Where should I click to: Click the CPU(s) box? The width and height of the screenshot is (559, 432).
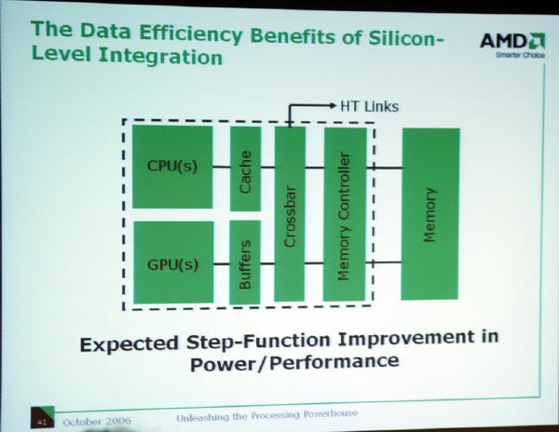pos(172,167)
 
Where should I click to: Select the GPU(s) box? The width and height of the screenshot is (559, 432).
pos(173,263)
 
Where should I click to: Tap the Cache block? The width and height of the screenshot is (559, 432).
pos(245,169)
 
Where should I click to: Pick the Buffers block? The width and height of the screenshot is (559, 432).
pos(245,263)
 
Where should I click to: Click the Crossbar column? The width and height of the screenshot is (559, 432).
pos(290,214)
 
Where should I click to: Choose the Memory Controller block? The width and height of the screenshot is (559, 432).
pos(345,214)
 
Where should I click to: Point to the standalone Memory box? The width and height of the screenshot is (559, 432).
pos(430,214)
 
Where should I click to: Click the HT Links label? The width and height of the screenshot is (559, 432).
pos(369,106)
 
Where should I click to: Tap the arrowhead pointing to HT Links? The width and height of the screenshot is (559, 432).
pos(333,105)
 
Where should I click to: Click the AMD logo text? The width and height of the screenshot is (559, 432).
pos(503,41)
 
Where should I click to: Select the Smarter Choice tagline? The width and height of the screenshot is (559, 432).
pos(520,55)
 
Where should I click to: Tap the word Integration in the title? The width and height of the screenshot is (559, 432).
pos(160,56)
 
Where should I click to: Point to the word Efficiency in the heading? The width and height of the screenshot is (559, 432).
pos(191,34)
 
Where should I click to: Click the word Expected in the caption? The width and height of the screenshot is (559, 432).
pos(129,344)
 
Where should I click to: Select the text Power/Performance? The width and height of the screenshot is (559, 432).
pos(294,362)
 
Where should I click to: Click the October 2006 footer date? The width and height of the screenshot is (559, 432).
pos(97,422)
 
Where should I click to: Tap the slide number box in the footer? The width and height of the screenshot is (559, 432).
pos(43,417)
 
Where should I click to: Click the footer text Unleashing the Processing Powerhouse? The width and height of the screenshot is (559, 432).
pos(266,415)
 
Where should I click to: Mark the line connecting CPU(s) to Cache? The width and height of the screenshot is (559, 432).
pos(222,167)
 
